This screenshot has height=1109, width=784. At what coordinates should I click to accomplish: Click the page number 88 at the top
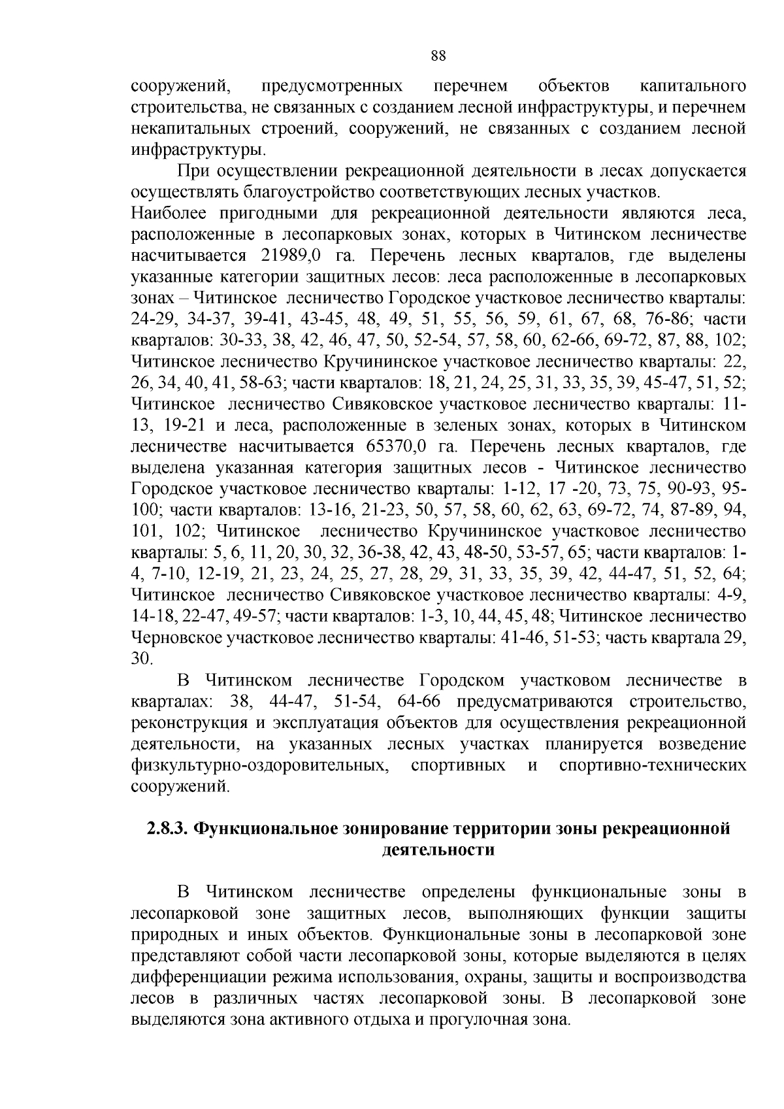(x=438, y=56)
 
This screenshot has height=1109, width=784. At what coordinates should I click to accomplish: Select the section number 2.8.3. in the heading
(x=166, y=829)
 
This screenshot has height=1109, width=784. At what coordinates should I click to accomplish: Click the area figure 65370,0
(x=389, y=447)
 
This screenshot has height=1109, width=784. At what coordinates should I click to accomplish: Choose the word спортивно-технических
(x=653, y=765)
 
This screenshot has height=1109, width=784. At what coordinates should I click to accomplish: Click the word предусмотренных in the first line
(x=331, y=87)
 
